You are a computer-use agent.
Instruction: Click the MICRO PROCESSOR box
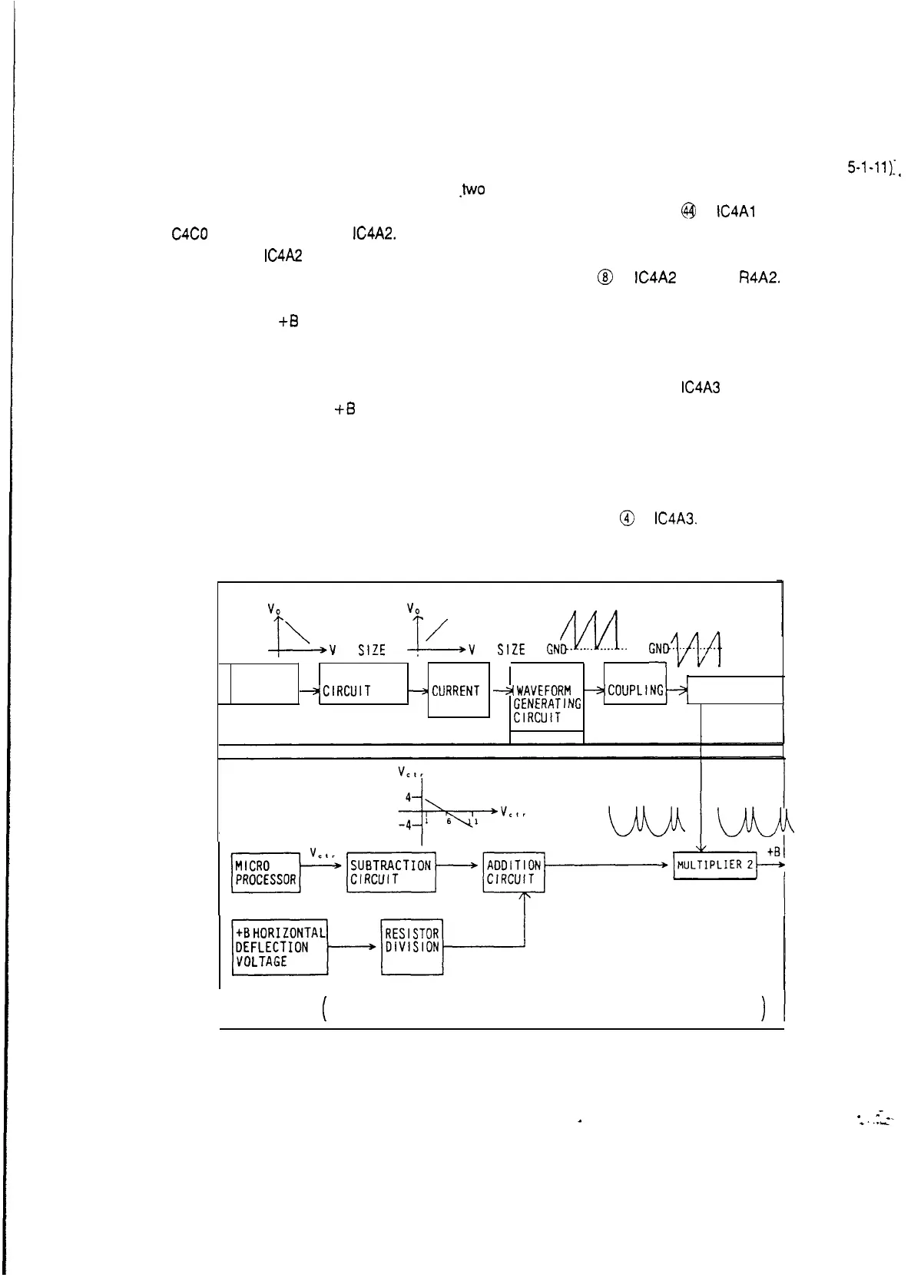[x=266, y=872]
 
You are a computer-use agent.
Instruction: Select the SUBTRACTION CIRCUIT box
[x=391, y=872]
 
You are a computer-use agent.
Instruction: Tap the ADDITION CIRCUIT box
[x=514, y=872]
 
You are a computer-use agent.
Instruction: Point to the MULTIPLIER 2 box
[x=714, y=865]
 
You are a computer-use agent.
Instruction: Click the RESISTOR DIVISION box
[x=412, y=947]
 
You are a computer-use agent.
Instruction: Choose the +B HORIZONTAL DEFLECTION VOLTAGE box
[x=280, y=947]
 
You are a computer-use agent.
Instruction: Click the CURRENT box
[x=458, y=690]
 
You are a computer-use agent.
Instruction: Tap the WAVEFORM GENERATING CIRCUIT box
[x=547, y=703]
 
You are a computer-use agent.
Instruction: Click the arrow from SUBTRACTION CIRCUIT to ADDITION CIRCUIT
[x=459, y=865]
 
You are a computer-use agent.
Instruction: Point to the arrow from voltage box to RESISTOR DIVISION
[x=354, y=948]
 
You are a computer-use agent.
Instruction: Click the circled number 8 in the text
[x=607, y=279]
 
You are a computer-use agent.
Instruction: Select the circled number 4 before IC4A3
[x=628, y=518]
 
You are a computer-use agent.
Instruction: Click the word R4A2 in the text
[x=759, y=279]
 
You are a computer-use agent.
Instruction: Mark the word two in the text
[x=472, y=189]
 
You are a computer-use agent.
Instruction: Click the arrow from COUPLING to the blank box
[x=677, y=690]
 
